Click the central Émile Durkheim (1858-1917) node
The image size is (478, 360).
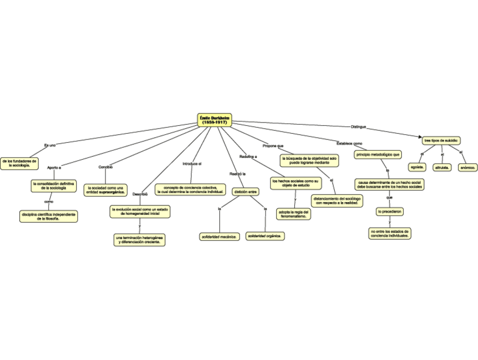[x=216, y=120]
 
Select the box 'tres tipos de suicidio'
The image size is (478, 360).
[x=442, y=140]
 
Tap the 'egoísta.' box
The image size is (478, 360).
[x=418, y=167]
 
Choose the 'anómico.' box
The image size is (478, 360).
[x=468, y=167]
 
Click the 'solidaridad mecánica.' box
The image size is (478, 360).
[x=219, y=236]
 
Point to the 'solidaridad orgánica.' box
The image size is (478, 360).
[x=265, y=236]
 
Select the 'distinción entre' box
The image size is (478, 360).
[x=246, y=192]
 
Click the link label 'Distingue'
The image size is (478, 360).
[x=358, y=126]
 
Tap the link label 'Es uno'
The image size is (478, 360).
[x=50, y=146]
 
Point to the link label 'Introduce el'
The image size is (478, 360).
[x=192, y=164]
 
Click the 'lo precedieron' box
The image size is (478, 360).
[x=390, y=212]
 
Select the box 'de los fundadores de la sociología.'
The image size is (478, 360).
[x=19, y=164]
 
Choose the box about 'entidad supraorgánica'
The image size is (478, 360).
[x=106, y=190]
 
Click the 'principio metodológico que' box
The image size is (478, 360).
[x=378, y=154]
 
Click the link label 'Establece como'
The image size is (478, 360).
[x=349, y=143]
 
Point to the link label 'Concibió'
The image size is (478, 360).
[x=106, y=166]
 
